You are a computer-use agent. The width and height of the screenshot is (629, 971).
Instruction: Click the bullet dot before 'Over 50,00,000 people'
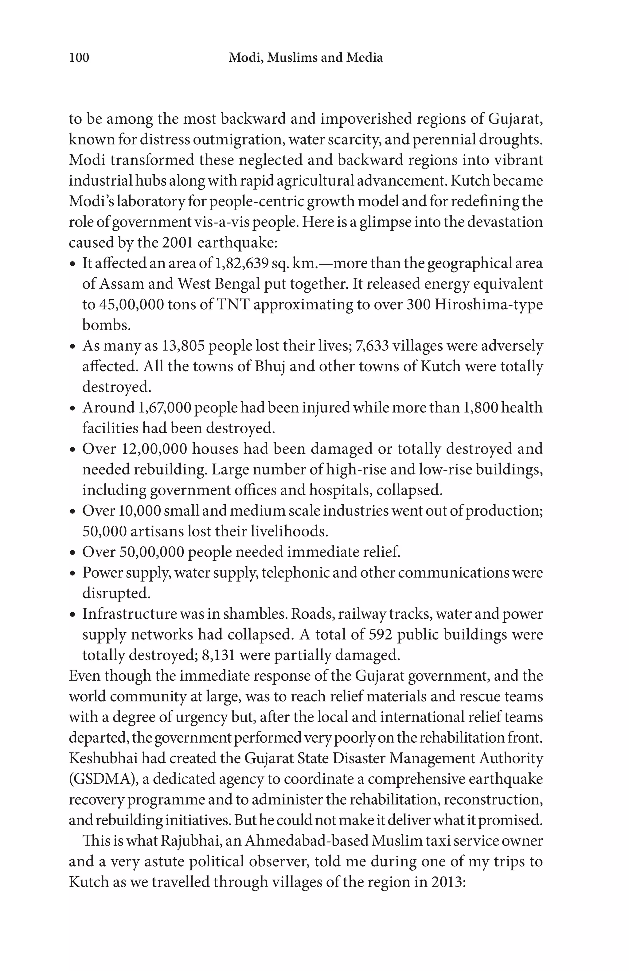(73, 554)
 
